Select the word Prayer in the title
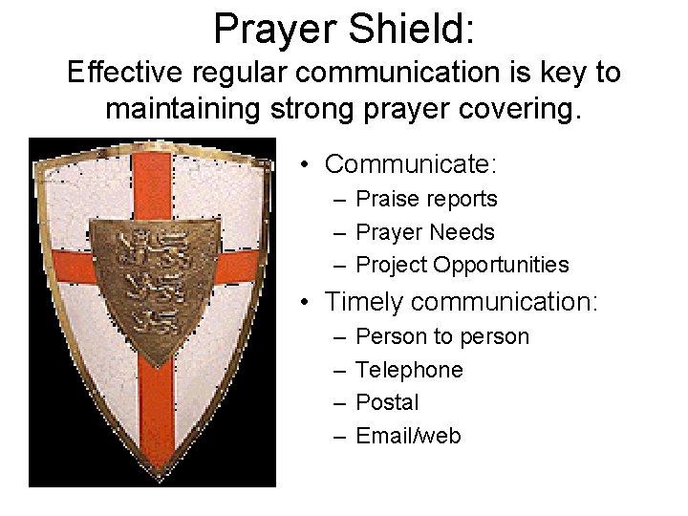click(x=271, y=29)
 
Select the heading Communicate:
click(x=411, y=164)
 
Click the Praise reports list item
click(x=426, y=199)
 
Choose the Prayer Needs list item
click(x=425, y=232)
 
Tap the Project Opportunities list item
click(x=462, y=266)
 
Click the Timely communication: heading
click(x=462, y=302)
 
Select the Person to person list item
click(x=441, y=336)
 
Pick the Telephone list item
click(x=409, y=370)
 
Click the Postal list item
click(x=387, y=402)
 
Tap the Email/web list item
click(x=408, y=436)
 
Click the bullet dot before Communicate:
click(x=303, y=165)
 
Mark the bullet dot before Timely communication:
click(x=303, y=303)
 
